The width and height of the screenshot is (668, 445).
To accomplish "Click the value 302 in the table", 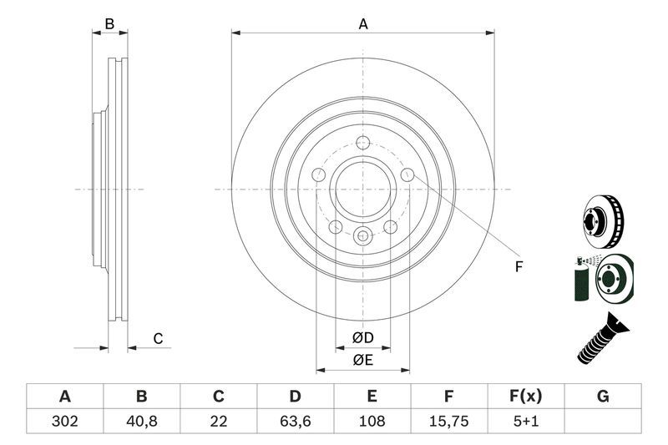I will tap(64, 422).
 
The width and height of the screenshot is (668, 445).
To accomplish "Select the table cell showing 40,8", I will tap(142, 422).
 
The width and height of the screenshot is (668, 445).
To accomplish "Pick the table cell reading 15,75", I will tap(449, 422).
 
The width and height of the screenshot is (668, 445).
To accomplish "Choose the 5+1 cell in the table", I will tap(526, 422).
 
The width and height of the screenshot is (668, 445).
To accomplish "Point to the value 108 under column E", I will tap(372, 422).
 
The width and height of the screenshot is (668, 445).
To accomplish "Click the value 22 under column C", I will tap(219, 422).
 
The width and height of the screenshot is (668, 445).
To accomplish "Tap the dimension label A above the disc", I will tap(363, 24).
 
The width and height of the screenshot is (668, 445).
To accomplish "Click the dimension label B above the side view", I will tap(109, 24).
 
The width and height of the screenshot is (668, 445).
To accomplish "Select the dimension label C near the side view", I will tap(157, 338).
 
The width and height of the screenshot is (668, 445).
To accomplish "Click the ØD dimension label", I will tap(362, 337).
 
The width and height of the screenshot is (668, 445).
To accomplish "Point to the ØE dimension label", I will tap(362, 361).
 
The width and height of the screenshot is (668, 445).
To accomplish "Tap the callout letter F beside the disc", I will tap(519, 267).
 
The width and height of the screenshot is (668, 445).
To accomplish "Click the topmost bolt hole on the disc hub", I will tap(363, 142).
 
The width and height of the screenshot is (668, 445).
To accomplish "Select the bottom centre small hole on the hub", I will tap(363, 235).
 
